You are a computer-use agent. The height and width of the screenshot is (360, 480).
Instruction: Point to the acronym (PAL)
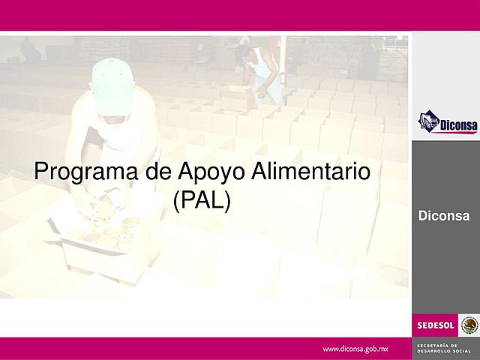coord(202,201)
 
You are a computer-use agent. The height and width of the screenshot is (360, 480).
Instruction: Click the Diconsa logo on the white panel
coord(447,121)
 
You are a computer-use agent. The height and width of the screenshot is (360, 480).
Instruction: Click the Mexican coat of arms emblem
coord(469,325)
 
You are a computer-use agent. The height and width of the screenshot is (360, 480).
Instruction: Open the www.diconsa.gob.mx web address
coord(355,349)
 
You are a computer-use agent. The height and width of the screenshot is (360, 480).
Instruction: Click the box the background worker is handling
coord(237,98)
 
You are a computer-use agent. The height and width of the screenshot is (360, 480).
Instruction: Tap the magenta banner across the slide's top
coord(240,15)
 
